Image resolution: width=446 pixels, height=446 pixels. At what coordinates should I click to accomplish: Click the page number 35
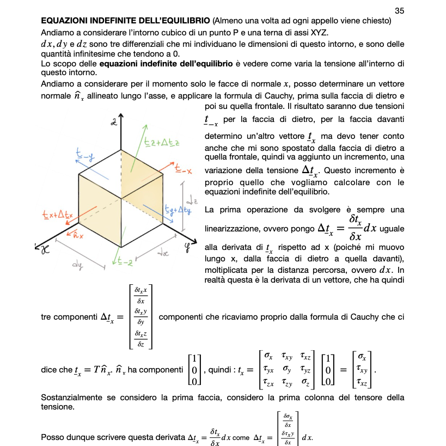400,11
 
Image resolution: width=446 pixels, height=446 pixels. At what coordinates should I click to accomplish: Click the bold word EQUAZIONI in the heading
64,21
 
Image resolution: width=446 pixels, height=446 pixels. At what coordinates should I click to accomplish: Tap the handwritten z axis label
114,121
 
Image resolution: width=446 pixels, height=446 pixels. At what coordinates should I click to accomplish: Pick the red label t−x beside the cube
184,170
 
